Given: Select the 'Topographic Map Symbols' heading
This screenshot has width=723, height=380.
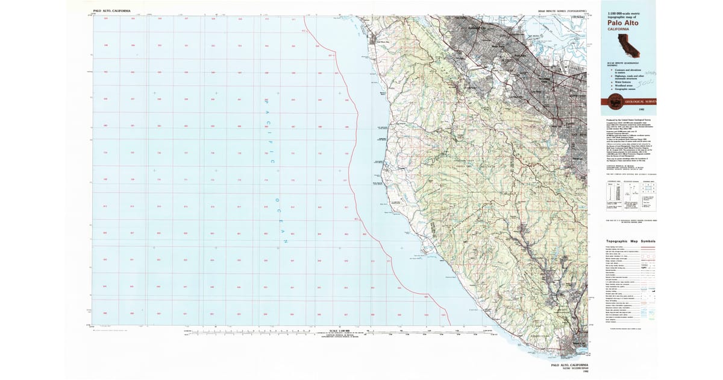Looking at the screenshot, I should [x=630, y=241].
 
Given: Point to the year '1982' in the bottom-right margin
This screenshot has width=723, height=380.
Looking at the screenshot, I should [x=571, y=372].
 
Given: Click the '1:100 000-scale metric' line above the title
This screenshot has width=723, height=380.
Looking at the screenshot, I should [x=627, y=13].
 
